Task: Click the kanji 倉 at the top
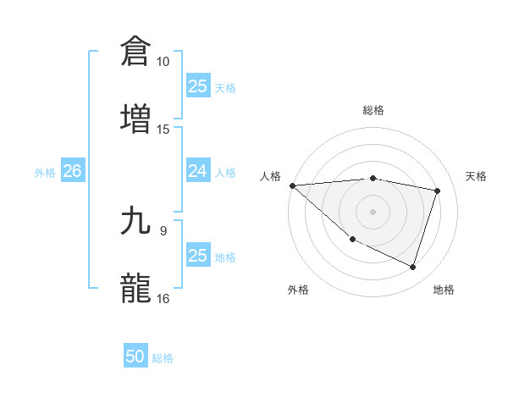click(x=136, y=51)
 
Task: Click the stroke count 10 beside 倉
click(x=163, y=62)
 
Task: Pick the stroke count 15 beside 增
click(x=163, y=129)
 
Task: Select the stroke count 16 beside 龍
click(x=163, y=298)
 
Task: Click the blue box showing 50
click(x=135, y=357)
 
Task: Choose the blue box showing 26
click(x=72, y=172)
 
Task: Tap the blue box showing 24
click(x=197, y=172)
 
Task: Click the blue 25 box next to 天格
click(x=197, y=86)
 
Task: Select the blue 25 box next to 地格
click(x=197, y=256)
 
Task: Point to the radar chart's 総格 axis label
click(x=373, y=110)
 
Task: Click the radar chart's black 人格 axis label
click(x=270, y=176)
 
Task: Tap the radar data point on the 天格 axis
click(x=438, y=191)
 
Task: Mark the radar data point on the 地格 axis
click(x=412, y=267)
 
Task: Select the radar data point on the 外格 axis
click(x=352, y=240)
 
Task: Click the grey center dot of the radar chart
click(x=373, y=211)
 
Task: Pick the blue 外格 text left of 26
click(x=45, y=173)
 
